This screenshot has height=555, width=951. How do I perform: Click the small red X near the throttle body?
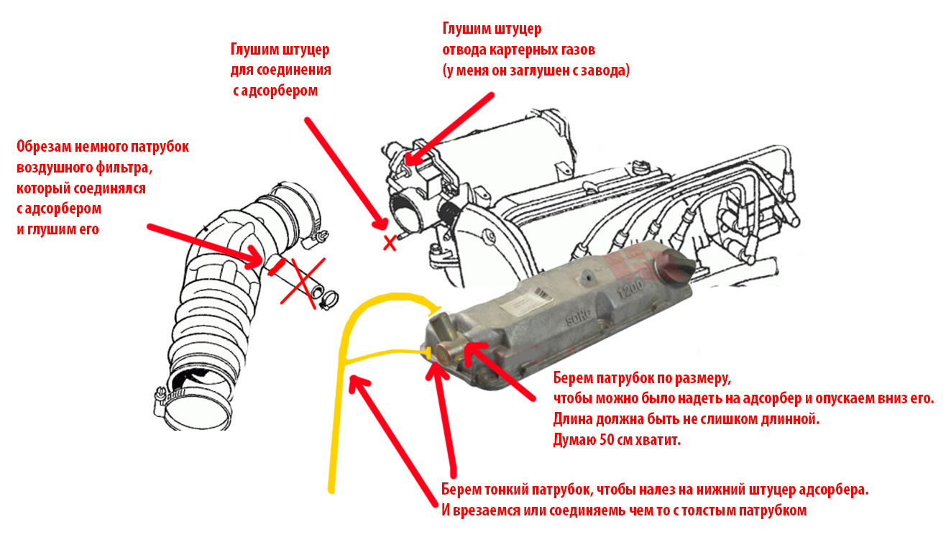click(390, 242)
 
